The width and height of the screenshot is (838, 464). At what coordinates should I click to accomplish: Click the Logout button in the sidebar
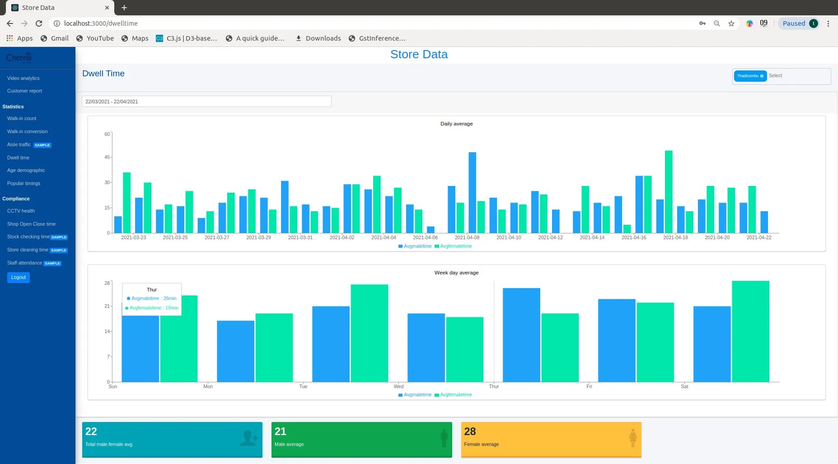(x=19, y=277)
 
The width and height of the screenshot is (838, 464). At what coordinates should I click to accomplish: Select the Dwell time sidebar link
(x=18, y=158)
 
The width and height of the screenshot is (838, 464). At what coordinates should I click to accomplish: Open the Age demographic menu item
(x=26, y=170)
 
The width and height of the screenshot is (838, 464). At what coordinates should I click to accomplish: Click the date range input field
(x=206, y=102)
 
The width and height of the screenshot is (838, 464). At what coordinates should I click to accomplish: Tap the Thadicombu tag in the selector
(x=748, y=76)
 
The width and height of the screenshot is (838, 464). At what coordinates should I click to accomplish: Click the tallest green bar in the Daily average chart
(x=669, y=192)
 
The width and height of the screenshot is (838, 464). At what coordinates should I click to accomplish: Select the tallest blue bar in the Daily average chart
(x=472, y=193)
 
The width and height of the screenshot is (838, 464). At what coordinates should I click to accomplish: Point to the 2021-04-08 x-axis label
(x=467, y=237)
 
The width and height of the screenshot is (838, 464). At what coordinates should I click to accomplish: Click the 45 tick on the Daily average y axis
(x=107, y=157)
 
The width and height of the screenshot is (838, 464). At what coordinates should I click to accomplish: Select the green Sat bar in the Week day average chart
(x=750, y=331)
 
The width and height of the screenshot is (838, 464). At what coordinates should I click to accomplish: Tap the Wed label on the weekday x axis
(x=398, y=386)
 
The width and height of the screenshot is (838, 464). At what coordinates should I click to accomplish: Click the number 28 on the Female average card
(x=470, y=432)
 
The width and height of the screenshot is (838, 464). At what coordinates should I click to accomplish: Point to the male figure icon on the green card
(x=444, y=438)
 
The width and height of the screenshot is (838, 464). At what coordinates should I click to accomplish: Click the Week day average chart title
(x=456, y=273)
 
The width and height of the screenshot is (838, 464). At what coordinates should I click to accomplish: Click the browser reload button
(x=39, y=23)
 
